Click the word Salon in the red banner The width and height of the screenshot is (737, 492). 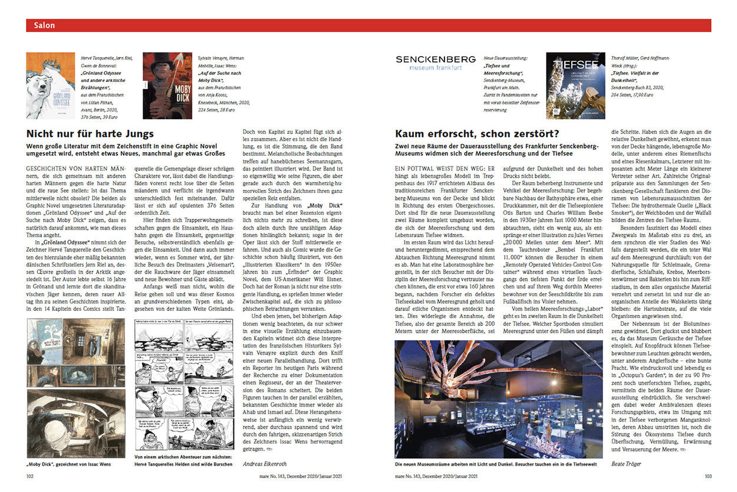click(44, 25)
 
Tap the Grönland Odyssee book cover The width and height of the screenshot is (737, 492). click(50, 86)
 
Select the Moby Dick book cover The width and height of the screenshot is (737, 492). click(167, 86)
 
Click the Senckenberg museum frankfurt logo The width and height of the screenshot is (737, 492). click(435, 63)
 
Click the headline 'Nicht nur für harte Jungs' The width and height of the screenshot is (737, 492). click(90, 133)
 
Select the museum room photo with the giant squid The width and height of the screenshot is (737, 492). click(499, 390)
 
